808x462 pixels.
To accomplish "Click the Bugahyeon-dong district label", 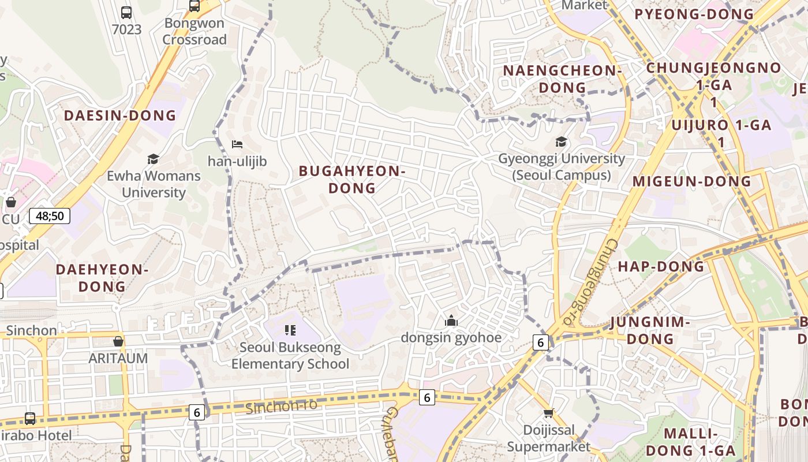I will tap(352, 179).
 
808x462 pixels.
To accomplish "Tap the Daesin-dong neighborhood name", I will tap(120, 115).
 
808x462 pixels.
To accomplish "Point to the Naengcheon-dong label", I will tap(562, 79).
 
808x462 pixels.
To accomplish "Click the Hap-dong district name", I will tap(661, 266).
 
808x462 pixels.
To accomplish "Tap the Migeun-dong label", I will tap(691, 181).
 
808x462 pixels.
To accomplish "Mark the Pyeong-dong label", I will tap(694, 14).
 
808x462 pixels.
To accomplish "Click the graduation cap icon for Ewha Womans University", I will tap(153, 159).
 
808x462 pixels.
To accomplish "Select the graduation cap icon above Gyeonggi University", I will tap(561, 141).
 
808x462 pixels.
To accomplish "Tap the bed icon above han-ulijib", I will tap(237, 144).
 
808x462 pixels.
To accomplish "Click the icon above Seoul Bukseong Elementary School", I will tap(290, 330).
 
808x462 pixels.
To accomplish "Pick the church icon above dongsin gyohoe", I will tap(451, 321).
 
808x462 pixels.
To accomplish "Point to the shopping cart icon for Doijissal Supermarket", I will tap(548, 413).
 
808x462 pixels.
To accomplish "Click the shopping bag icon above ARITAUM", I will tap(118, 341).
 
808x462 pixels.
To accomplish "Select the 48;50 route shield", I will tap(50, 216).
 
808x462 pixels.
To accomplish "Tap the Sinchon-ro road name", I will tap(281, 406).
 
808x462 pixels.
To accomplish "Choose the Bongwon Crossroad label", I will tap(194, 31).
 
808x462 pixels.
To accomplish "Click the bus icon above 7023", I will tap(126, 12).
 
